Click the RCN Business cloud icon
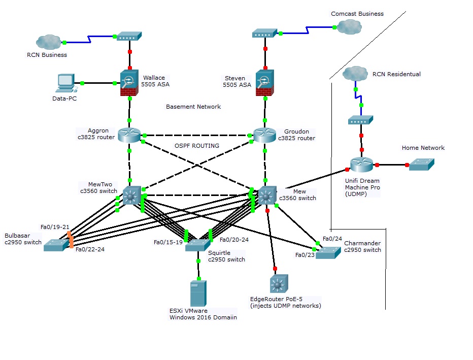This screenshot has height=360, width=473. (x=48, y=42)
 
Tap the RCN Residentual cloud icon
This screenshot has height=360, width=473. (x=355, y=74)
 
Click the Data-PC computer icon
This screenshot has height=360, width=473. (x=66, y=82)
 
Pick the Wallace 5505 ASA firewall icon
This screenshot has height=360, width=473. (x=130, y=83)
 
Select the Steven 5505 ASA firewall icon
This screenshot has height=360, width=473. (x=264, y=82)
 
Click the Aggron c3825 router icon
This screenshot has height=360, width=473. (x=129, y=135)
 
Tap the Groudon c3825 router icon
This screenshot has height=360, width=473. (x=264, y=135)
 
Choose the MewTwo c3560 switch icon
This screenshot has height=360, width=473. (x=131, y=195)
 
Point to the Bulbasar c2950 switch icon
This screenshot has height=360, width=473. (x=55, y=245)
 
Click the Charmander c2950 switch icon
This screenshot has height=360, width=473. (x=328, y=252)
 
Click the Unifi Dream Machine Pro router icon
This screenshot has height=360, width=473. (x=361, y=165)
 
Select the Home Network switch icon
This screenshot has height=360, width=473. (x=422, y=165)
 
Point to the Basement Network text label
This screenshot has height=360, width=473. (x=193, y=107)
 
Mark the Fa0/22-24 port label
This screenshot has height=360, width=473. (x=90, y=249)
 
